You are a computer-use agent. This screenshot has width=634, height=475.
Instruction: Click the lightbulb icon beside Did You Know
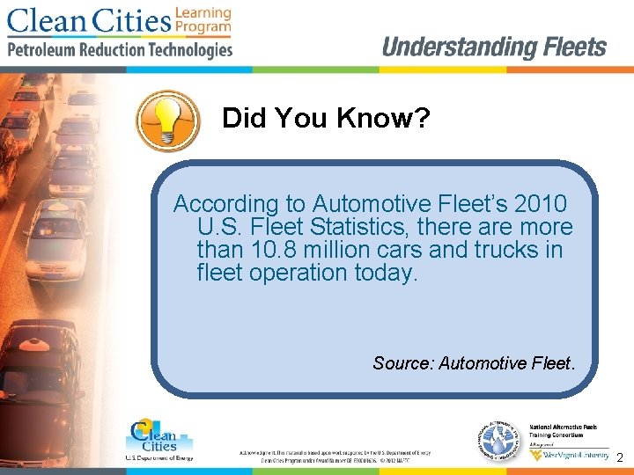169,119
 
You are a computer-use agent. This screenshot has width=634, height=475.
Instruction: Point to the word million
346,250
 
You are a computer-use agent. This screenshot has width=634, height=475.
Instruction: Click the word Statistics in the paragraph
354,227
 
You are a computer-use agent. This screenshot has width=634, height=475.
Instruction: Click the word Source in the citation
401,362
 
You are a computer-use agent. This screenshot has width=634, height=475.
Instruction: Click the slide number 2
620,458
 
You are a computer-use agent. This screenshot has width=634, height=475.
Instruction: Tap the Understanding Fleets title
494,47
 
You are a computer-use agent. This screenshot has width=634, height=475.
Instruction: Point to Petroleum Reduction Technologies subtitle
120,49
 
